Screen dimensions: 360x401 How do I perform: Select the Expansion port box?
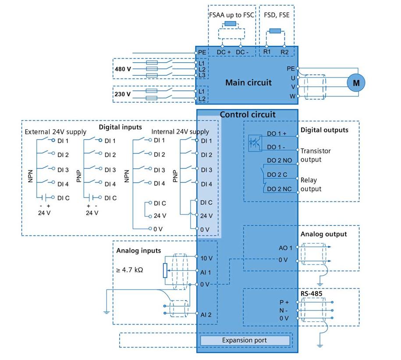[245, 340]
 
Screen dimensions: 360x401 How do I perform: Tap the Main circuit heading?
[248, 82]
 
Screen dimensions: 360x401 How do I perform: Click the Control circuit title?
[248, 115]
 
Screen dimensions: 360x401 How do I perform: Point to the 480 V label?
[123, 69]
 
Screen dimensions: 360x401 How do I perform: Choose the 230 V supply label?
[123, 94]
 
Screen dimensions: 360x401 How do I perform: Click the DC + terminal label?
[224, 52]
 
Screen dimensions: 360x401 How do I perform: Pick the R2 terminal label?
[285, 52]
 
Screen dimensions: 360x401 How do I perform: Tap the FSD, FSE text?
[276, 14]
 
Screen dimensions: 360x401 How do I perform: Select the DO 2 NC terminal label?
[280, 189]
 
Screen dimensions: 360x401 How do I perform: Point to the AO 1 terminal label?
[285, 248]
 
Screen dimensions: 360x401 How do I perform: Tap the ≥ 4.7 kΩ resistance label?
[130, 270]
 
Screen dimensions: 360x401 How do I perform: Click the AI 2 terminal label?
[206, 314]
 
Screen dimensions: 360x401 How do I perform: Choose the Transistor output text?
[316, 155]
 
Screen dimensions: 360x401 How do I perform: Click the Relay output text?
[311, 184]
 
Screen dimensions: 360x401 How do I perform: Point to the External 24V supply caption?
[56, 131]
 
